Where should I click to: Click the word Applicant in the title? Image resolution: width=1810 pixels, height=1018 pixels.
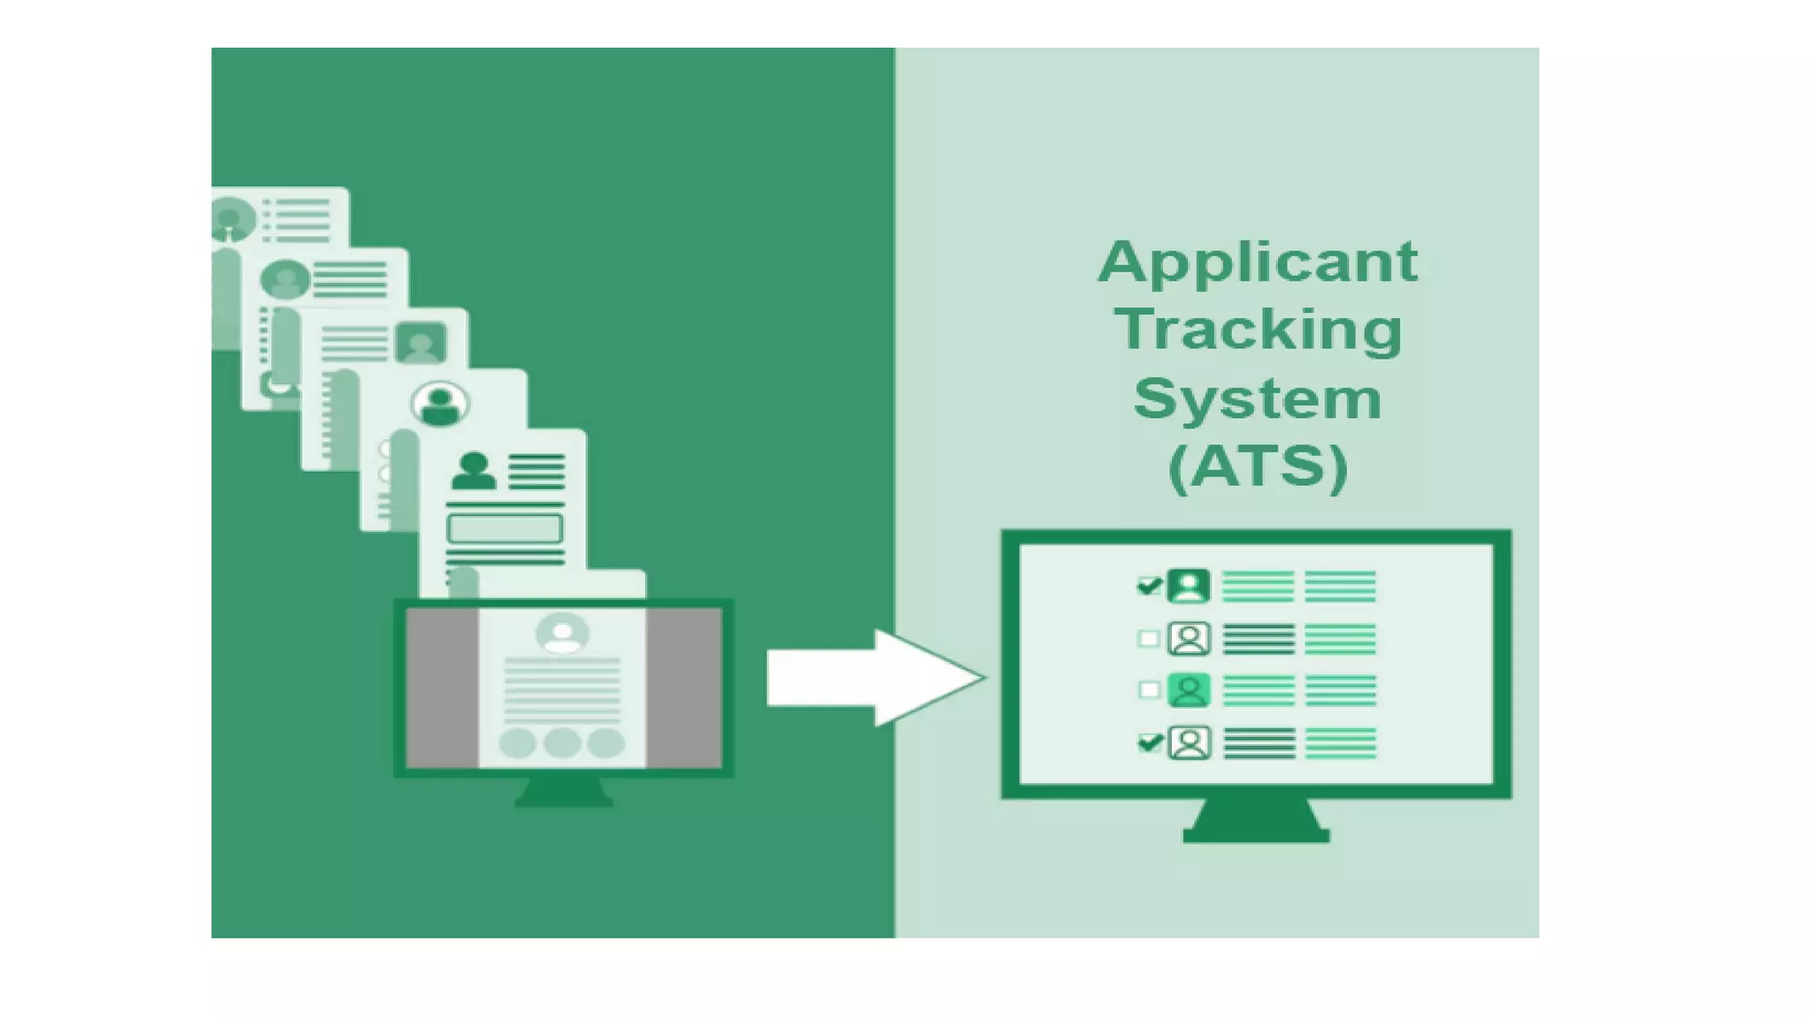pyautogui.click(x=1257, y=262)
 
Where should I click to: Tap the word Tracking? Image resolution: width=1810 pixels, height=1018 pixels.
pyautogui.click(x=1259, y=330)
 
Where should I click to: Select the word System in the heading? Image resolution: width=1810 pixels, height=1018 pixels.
pyautogui.click(x=1257, y=399)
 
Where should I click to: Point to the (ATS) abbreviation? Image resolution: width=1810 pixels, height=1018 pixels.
pyautogui.click(x=1258, y=467)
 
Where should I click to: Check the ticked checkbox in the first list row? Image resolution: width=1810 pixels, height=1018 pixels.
pyautogui.click(x=1148, y=586)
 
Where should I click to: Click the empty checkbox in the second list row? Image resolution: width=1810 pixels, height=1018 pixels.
pyautogui.click(x=1148, y=638)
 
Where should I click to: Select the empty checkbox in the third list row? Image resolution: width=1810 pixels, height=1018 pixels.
pyautogui.click(x=1148, y=689)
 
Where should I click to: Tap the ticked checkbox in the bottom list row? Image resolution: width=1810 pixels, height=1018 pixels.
pyautogui.click(x=1149, y=742)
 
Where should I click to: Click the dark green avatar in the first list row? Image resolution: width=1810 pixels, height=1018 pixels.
pyautogui.click(x=1189, y=586)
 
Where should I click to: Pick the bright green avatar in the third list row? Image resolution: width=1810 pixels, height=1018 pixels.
pyautogui.click(x=1189, y=689)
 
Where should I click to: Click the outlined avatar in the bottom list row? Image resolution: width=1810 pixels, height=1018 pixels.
pyautogui.click(x=1190, y=742)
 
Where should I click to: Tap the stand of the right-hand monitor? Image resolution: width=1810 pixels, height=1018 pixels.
pyautogui.click(x=1256, y=823)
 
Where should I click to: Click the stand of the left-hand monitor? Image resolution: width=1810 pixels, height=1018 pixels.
pyautogui.click(x=564, y=792)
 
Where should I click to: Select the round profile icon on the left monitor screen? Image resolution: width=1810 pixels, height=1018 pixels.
pyautogui.click(x=562, y=634)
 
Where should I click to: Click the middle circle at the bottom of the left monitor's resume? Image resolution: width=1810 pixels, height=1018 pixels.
pyautogui.click(x=562, y=743)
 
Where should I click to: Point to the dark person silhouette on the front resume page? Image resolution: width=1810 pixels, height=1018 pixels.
pyautogui.click(x=473, y=471)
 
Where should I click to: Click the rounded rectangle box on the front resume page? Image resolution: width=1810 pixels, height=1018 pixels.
pyautogui.click(x=505, y=528)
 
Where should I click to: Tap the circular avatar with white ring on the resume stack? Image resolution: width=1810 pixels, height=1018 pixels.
pyautogui.click(x=440, y=404)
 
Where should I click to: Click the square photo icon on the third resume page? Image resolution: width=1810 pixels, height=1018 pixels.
pyautogui.click(x=421, y=343)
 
